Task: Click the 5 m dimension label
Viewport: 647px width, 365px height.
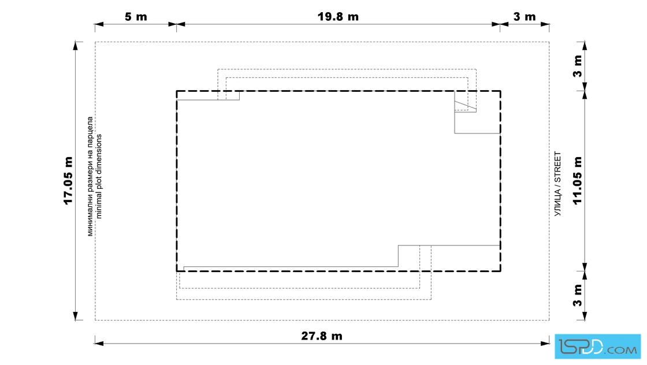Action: [x=136, y=17]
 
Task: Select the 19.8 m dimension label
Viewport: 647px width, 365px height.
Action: [x=338, y=17]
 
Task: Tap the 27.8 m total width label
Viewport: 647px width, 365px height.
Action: [x=322, y=336]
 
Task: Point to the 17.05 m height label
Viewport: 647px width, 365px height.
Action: [x=69, y=180]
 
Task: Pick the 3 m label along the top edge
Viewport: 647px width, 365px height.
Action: [x=525, y=17]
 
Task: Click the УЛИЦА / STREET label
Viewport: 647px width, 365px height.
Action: [x=557, y=184]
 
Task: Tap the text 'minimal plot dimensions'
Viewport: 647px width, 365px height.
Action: [x=99, y=176]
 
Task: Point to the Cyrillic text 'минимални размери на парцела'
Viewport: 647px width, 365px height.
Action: [x=90, y=176]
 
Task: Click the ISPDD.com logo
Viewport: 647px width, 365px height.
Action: [x=598, y=347]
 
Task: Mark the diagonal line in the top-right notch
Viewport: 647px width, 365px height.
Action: [x=466, y=106]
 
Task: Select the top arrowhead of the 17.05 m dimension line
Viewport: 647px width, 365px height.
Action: [x=76, y=46]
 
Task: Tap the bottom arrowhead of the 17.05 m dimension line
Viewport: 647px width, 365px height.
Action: [x=76, y=316]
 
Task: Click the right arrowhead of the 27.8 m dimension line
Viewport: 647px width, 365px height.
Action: [x=545, y=343]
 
